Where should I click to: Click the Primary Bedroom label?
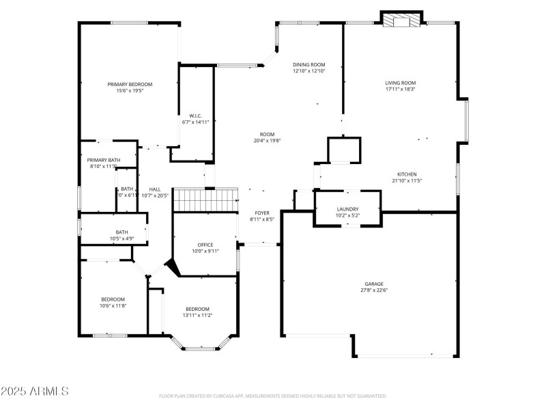[130, 84]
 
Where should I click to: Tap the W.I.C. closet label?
[196, 115]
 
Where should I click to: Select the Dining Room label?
[309, 64]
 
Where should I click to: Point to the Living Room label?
[401, 82]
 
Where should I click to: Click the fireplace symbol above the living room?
[401, 21]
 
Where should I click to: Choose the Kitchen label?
[407, 174]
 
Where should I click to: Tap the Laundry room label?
[347, 209]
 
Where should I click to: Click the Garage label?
[373, 284]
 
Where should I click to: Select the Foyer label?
[263, 213]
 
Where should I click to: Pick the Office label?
[205, 245]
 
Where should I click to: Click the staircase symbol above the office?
[205, 201]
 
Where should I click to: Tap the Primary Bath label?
[104, 160]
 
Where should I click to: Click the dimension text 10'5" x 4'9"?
[121, 238]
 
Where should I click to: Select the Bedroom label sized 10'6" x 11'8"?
[113, 299]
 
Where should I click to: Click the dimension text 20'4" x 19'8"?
[267, 141]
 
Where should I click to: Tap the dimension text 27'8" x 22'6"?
[373, 290]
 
